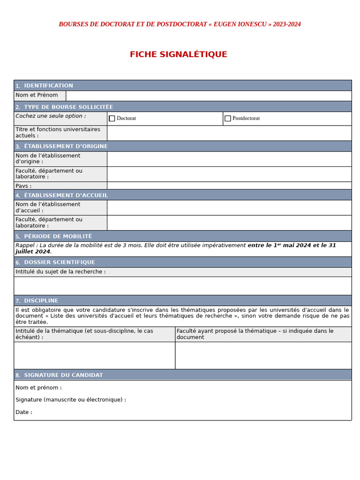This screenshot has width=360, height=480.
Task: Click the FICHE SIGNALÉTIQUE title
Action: [179, 54]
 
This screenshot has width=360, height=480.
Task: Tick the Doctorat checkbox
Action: [112, 119]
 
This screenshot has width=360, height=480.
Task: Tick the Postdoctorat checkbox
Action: [228, 119]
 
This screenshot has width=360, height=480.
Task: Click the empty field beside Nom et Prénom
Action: [209, 96]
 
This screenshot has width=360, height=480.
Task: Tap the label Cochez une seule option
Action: [51, 116]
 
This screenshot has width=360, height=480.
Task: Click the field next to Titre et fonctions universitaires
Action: [229, 133]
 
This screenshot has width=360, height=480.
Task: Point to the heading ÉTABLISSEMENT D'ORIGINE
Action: [66, 146]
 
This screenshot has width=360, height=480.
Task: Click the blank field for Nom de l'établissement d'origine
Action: [229, 159]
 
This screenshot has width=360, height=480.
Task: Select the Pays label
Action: [23, 186]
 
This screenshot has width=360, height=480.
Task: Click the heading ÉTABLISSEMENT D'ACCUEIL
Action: [66, 195]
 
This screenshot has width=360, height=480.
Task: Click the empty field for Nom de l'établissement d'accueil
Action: [229, 208]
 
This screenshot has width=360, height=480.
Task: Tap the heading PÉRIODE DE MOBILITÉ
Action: [58, 236]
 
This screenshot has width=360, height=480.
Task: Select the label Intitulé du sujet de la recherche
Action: [60, 272]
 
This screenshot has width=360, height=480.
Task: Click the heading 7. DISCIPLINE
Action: [41, 301]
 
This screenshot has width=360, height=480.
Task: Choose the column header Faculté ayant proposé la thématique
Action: [255, 334]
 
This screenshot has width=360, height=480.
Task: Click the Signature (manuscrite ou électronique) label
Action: [70, 400]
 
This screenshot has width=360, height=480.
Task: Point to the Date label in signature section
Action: [23, 412]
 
